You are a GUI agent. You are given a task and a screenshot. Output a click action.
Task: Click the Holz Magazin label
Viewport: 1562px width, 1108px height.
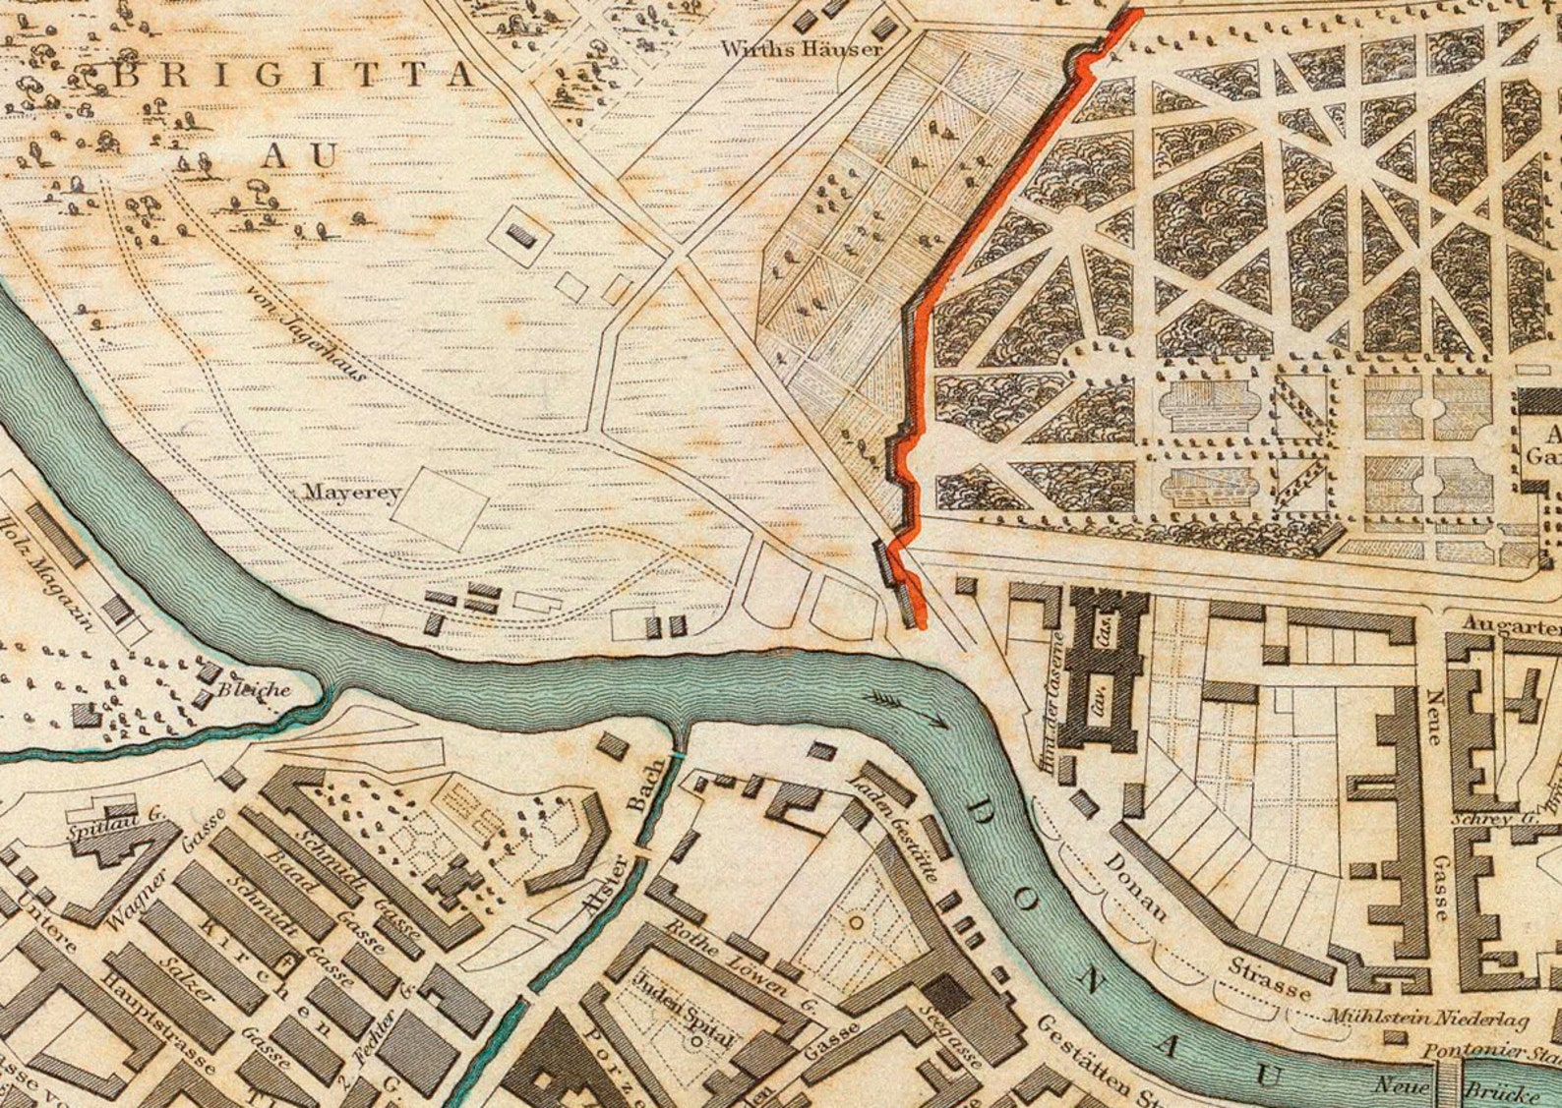click(x=49, y=571)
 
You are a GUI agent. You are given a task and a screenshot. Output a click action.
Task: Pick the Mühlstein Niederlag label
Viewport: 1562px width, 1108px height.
click(x=1430, y=1019)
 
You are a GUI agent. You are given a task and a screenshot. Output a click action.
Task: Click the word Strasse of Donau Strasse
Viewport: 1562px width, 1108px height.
click(x=1270, y=978)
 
